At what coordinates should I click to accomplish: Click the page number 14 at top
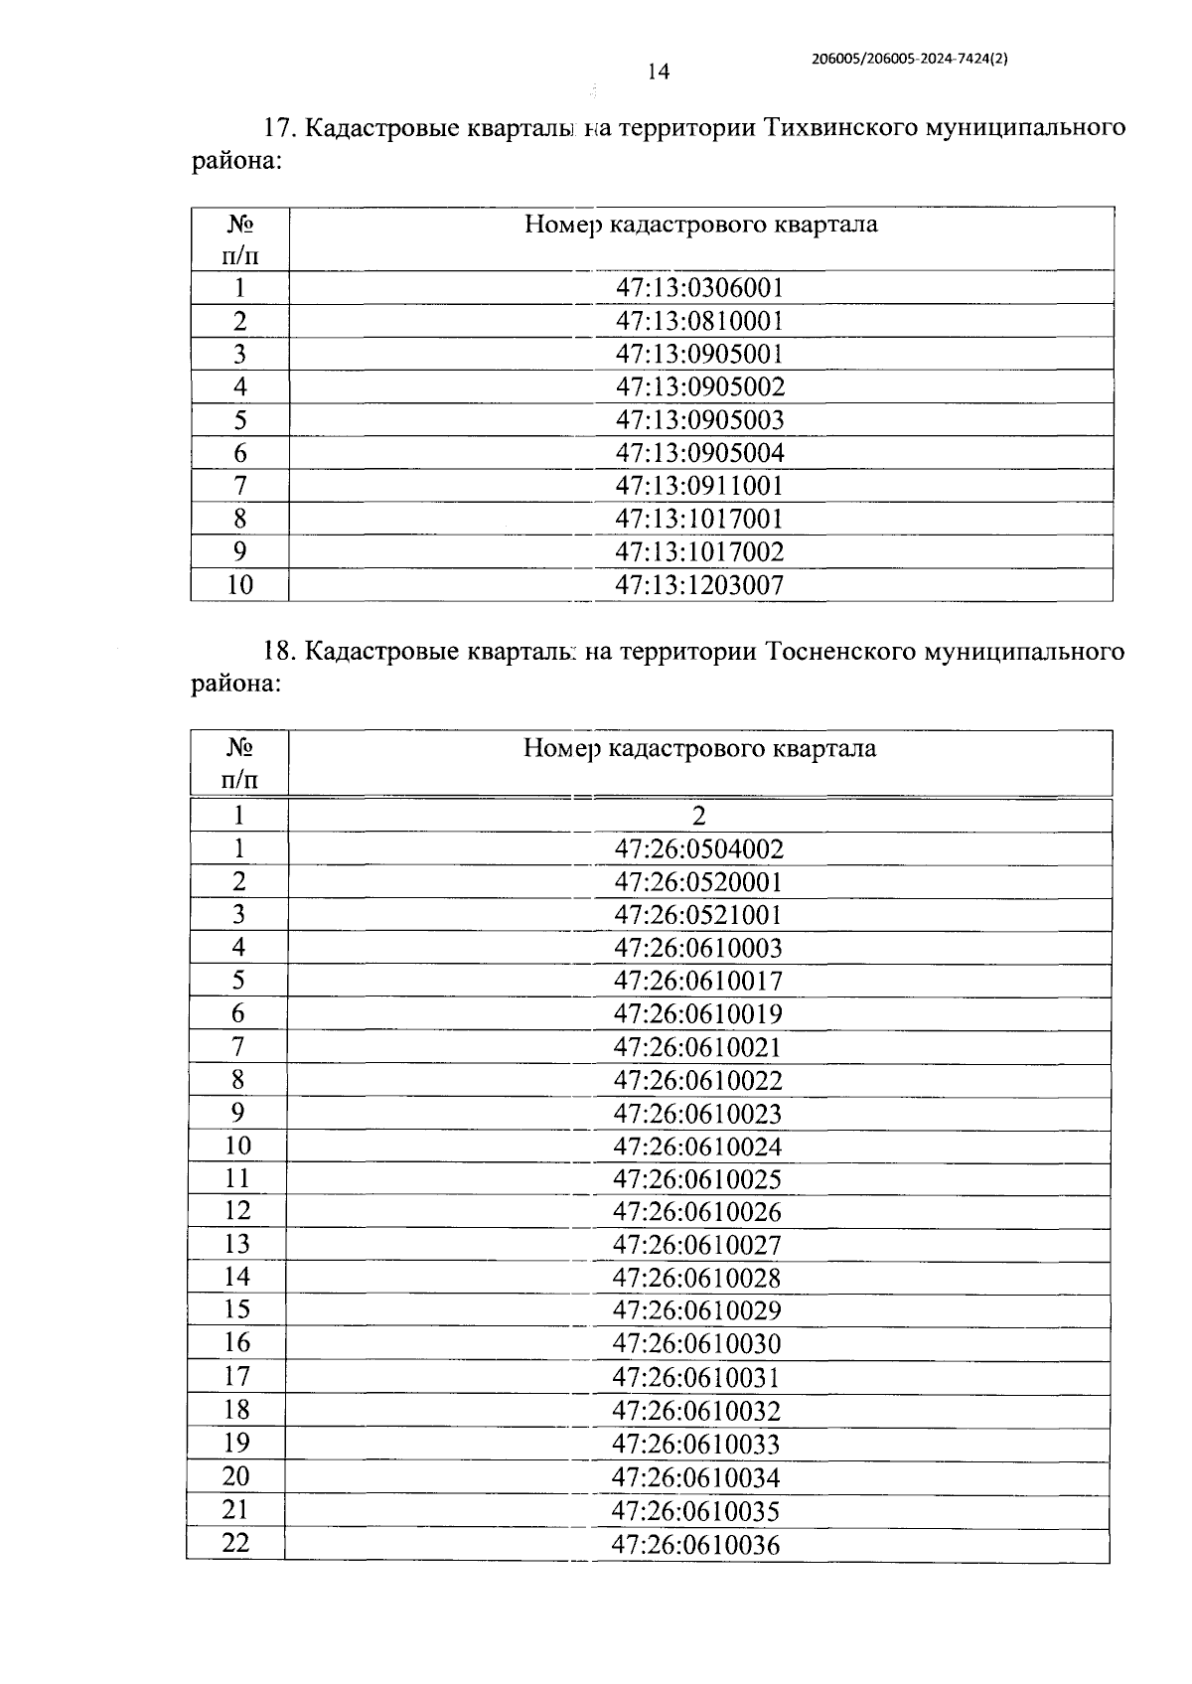point(658,72)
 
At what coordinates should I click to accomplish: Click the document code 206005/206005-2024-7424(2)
point(910,59)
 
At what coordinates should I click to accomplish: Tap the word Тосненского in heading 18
point(842,652)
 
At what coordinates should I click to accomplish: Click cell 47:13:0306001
point(700,288)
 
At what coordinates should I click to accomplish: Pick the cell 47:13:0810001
point(700,321)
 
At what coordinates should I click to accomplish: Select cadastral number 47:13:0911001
point(700,486)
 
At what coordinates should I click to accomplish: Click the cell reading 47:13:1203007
point(700,585)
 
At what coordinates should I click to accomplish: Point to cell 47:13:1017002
point(700,552)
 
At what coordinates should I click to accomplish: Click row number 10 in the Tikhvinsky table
point(239,585)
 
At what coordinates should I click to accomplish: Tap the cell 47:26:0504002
point(699,849)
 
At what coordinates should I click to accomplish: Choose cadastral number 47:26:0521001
point(699,915)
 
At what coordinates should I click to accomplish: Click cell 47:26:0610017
point(699,982)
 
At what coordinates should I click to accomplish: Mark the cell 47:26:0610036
point(697,1546)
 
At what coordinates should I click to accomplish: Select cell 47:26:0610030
point(697,1344)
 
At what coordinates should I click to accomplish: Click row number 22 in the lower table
point(236,1543)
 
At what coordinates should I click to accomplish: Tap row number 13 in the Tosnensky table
point(237,1244)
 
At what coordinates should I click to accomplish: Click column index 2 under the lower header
point(699,816)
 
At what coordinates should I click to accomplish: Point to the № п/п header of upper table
point(239,239)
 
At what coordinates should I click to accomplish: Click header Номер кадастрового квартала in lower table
point(699,748)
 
